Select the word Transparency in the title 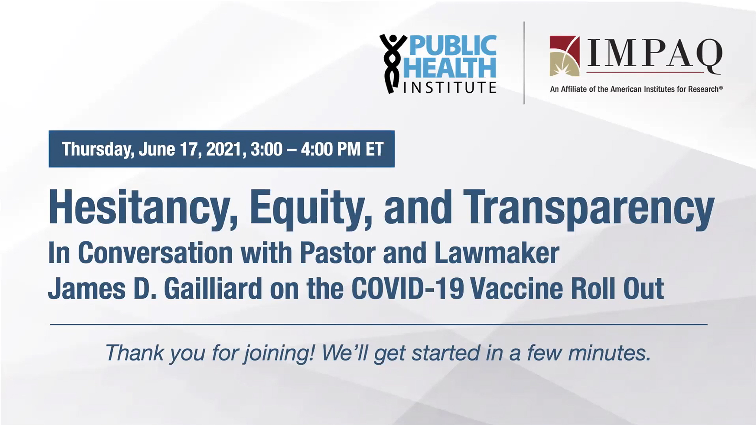(588, 209)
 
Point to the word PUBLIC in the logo (452, 45)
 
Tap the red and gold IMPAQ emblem (565, 56)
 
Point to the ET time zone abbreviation (375, 149)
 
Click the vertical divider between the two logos (524, 63)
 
